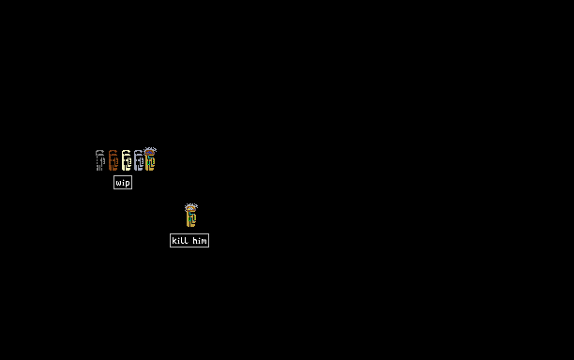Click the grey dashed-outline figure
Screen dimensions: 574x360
[x=100, y=160]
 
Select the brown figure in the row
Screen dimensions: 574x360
[x=113, y=160]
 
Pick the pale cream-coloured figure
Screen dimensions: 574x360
[x=127, y=160]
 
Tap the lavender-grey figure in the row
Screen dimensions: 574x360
[x=139, y=160]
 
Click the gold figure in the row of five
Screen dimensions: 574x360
[x=150, y=159]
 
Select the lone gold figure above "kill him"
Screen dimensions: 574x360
[x=190, y=216]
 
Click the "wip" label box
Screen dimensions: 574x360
[x=123, y=183]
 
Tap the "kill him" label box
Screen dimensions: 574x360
[x=189, y=240]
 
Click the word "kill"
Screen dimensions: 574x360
[x=180, y=240]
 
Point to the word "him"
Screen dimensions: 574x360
[x=200, y=240]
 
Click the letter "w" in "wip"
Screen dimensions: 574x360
[x=118, y=183]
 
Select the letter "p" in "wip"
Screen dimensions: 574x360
[x=128, y=184]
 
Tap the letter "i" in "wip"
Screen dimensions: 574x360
[x=123, y=182]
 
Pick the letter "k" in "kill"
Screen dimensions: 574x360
[x=174, y=240]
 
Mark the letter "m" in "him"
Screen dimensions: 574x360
[x=204, y=242]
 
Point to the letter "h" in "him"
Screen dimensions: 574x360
[x=195, y=240]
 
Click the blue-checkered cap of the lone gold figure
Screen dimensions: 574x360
[x=190, y=208]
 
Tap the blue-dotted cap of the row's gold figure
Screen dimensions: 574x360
[x=150, y=152]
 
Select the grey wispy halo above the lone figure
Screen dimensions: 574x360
[x=191, y=205]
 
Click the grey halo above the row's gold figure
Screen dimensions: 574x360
[x=150, y=149]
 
